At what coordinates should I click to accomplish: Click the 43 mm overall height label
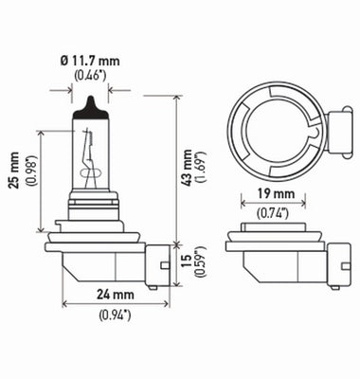point(189,167)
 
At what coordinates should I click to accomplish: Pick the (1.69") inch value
point(203,167)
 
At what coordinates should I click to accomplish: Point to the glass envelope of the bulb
point(80,152)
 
